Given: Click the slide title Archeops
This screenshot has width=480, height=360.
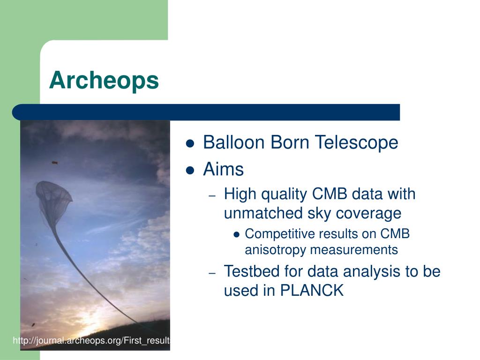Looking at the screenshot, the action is [x=104, y=80].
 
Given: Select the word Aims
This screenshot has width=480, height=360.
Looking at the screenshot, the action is [x=223, y=169].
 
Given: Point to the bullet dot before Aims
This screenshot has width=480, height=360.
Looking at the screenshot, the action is [x=190, y=170].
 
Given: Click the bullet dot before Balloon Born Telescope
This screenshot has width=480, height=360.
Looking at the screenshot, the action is [x=190, y=143].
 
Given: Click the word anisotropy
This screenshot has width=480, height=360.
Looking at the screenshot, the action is [x=275, y=250].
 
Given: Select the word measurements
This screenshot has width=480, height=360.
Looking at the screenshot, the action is [x=354, y=249].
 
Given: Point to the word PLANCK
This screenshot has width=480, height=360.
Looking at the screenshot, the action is [x=312, y=290].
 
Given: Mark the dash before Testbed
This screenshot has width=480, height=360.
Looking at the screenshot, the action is [x=212, y=273].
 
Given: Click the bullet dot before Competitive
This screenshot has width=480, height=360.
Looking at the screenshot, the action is [x=236, y=235].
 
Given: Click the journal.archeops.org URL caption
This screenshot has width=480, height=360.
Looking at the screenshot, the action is [x=91, y=340].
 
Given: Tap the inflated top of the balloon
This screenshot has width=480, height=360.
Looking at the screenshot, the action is [x=53, y=196].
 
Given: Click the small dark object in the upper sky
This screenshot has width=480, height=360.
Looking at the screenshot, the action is [x=55, y=163].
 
